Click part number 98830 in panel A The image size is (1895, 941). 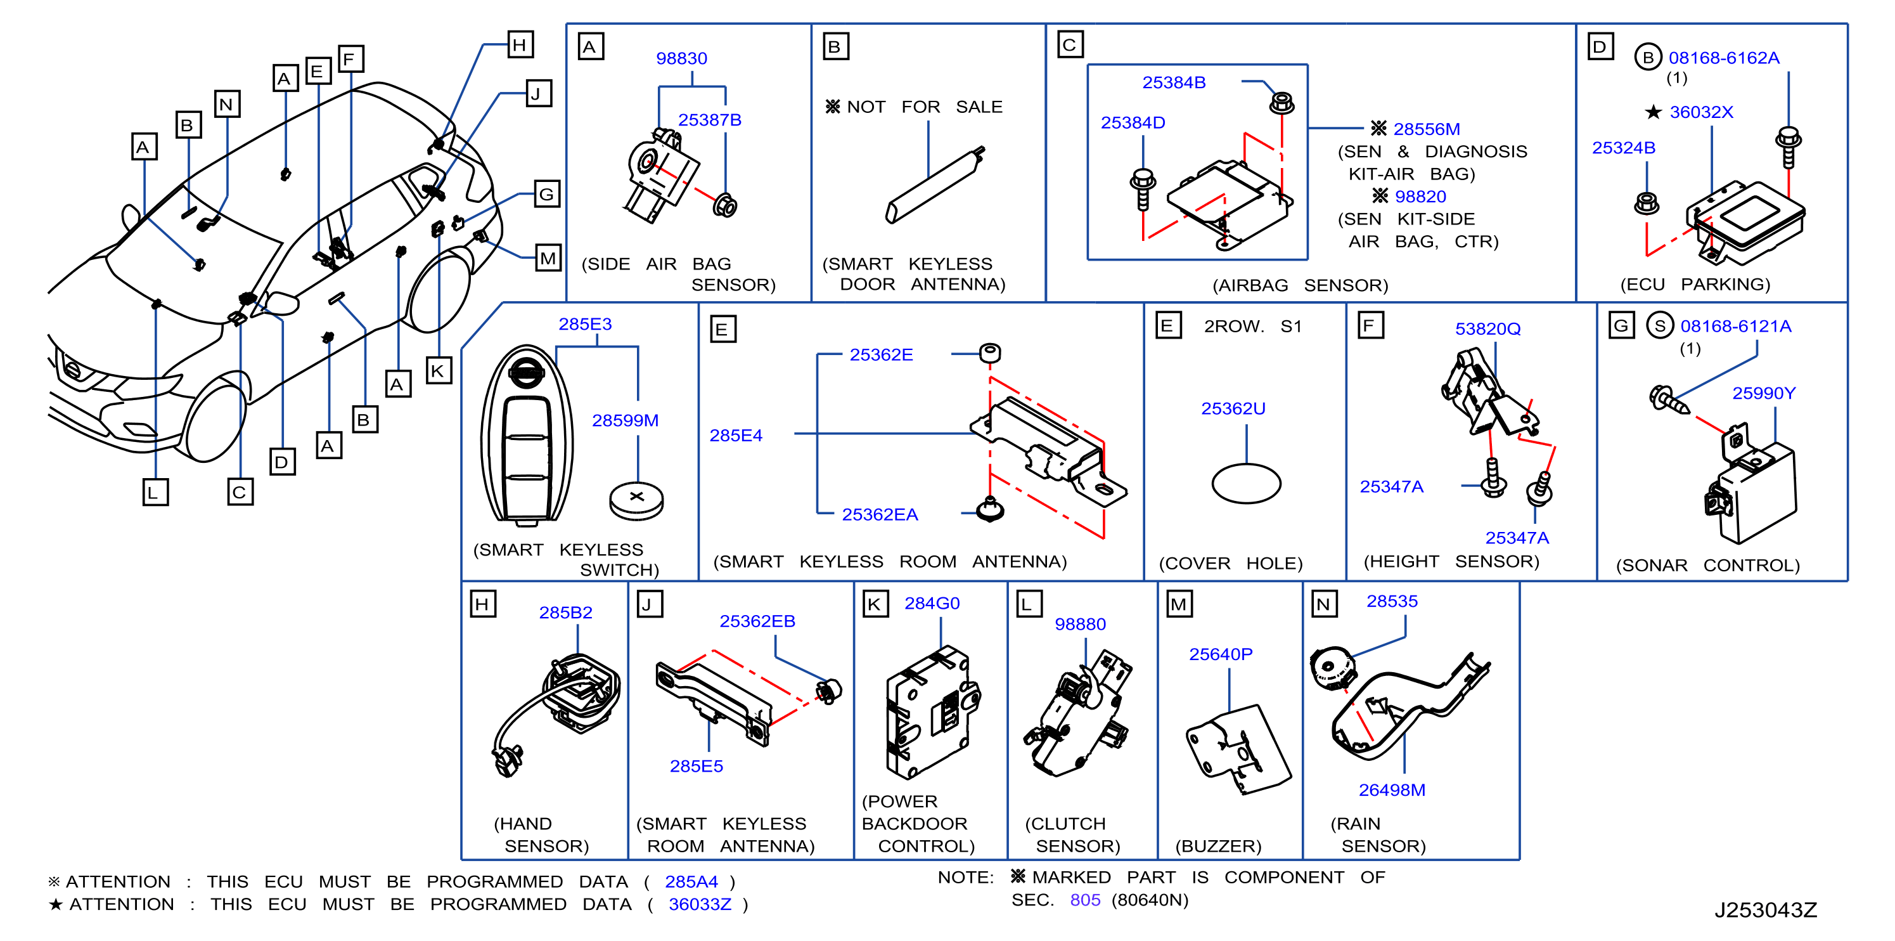pos(681,58)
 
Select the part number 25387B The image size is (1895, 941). pos(709,120)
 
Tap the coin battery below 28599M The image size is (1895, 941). pos(636,500)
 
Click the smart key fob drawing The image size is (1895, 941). pos(526,436)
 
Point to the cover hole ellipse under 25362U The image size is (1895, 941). pos(1246,483)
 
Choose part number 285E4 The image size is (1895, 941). pos(736,436)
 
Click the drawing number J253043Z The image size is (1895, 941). pos(1766,910)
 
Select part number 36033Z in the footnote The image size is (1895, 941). pos(700,904)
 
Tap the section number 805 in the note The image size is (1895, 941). pos(1085,900)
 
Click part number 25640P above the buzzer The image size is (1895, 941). pos(1221,654)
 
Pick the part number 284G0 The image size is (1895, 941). pos(932,603)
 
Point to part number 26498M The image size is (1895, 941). pos(1392,790)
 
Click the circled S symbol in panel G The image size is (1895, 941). pos(1660,325)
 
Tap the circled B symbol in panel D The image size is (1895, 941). pos(1648,58)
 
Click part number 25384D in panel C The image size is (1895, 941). pos(1133,123)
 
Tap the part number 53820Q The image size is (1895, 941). pos(1487,329)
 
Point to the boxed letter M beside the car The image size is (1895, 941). pos(548,257)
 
